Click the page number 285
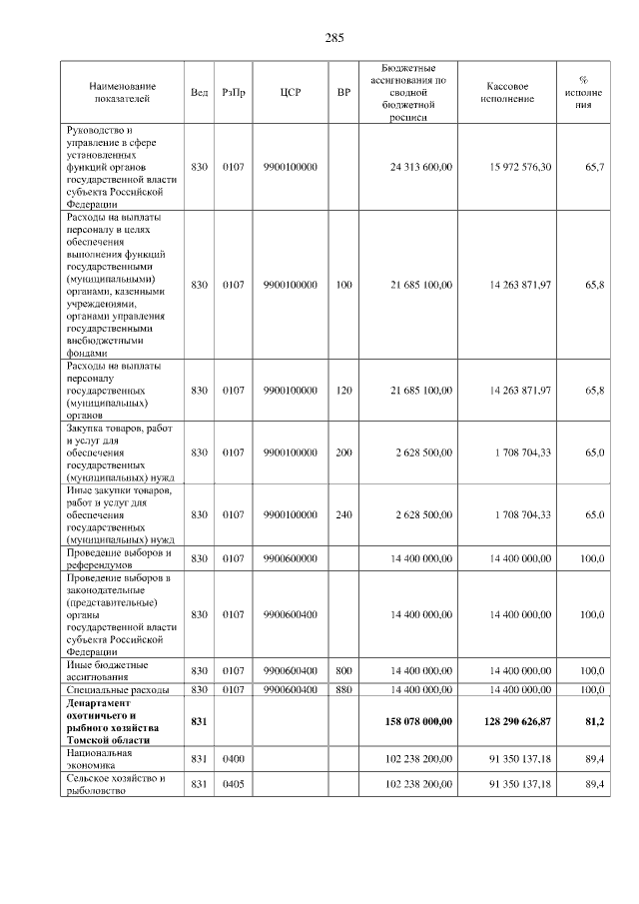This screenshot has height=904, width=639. (x=334, y=38)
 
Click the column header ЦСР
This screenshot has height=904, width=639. (x=291, y=92)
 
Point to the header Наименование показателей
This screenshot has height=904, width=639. (x=121, y=92)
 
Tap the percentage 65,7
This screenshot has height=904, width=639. (x=595, y=166)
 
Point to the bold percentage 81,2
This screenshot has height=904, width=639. (x=595, y=719)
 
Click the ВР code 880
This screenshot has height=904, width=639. (x=344, y=689)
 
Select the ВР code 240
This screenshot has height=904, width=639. (x=344, y=514)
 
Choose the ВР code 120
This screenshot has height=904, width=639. (x=344, y=390)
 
